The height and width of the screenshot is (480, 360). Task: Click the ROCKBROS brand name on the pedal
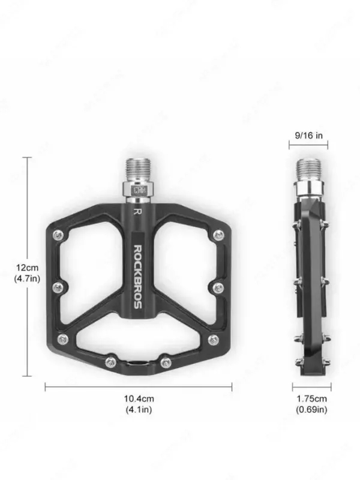tap(137, 276)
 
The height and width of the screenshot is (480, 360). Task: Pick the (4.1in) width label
tap(138, 410)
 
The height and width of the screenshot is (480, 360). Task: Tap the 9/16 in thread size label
tap(309, 136)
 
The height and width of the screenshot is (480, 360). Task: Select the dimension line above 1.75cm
tap(311, 386)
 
